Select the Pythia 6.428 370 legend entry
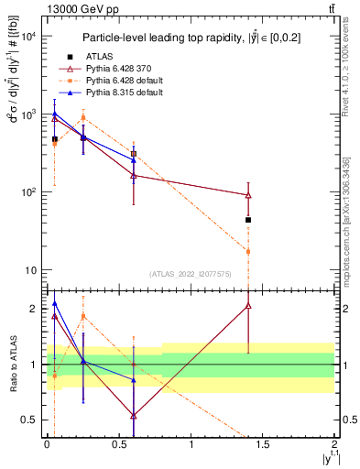click(119, 69)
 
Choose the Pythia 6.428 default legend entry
click(121, 81)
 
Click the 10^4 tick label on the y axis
click(27, 37)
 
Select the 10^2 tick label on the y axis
click(27, 192)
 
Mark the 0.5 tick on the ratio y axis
click(27, 420)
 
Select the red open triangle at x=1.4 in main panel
click(248, 195)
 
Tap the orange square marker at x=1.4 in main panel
click(248, 251)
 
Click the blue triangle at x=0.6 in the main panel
click(134, 160)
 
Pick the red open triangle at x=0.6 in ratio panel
click(134, 415)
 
